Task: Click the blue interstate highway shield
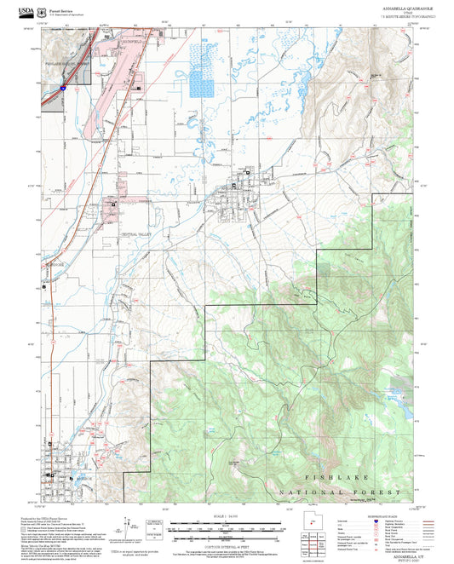coord(64,86)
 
